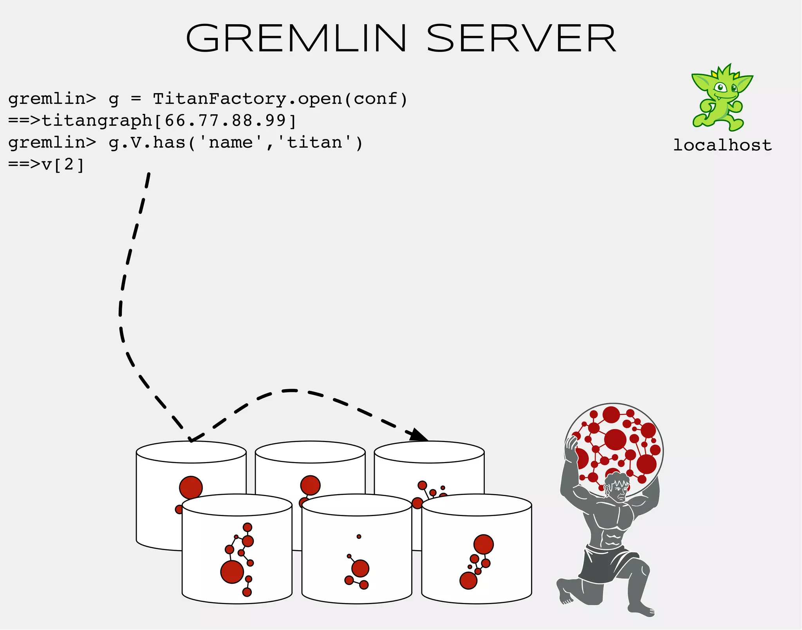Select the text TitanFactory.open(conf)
pyautogui.click(x=280, y=99)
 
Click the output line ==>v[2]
pyautogui.click(x=46, y=164)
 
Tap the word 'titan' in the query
pyautogui.click(x=315, y=143)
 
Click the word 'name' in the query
pyautogui.click(x=231, y=143)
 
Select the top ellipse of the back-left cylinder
pyautogui.click(x=191, y=453)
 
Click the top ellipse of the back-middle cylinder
pyautogui.click(x=310, y=453)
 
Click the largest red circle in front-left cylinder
pyautogui.click(x=232, y=572)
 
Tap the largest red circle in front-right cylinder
pyautogui.click(x=483, y=545)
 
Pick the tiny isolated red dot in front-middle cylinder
pyautogui.click(x=359, y=536)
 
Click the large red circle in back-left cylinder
pyautogui.click(x=191, y=487)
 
